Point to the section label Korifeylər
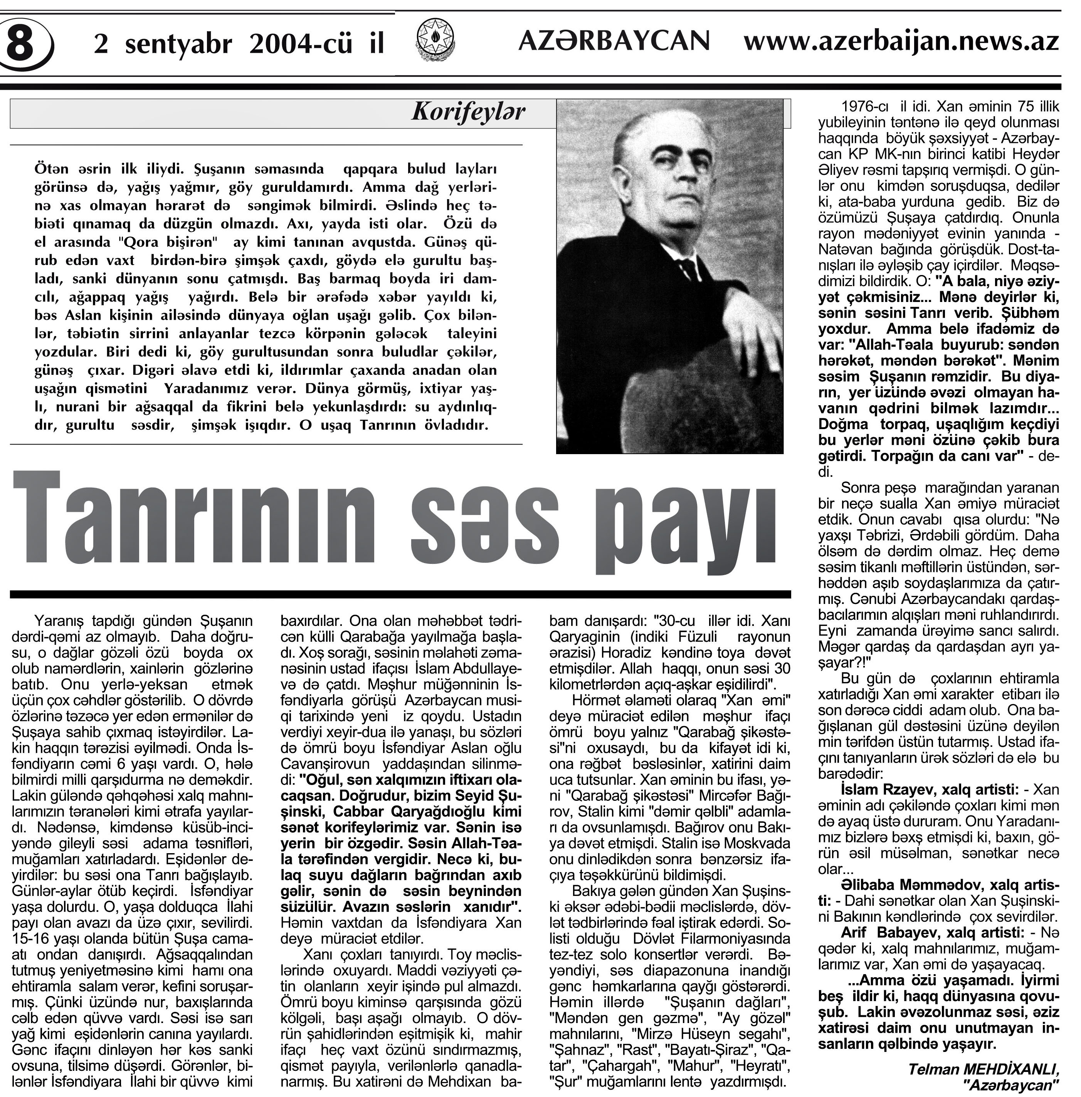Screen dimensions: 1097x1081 tap(468, 112)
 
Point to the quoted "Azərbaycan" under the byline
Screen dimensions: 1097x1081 tap(1010, 1085)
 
